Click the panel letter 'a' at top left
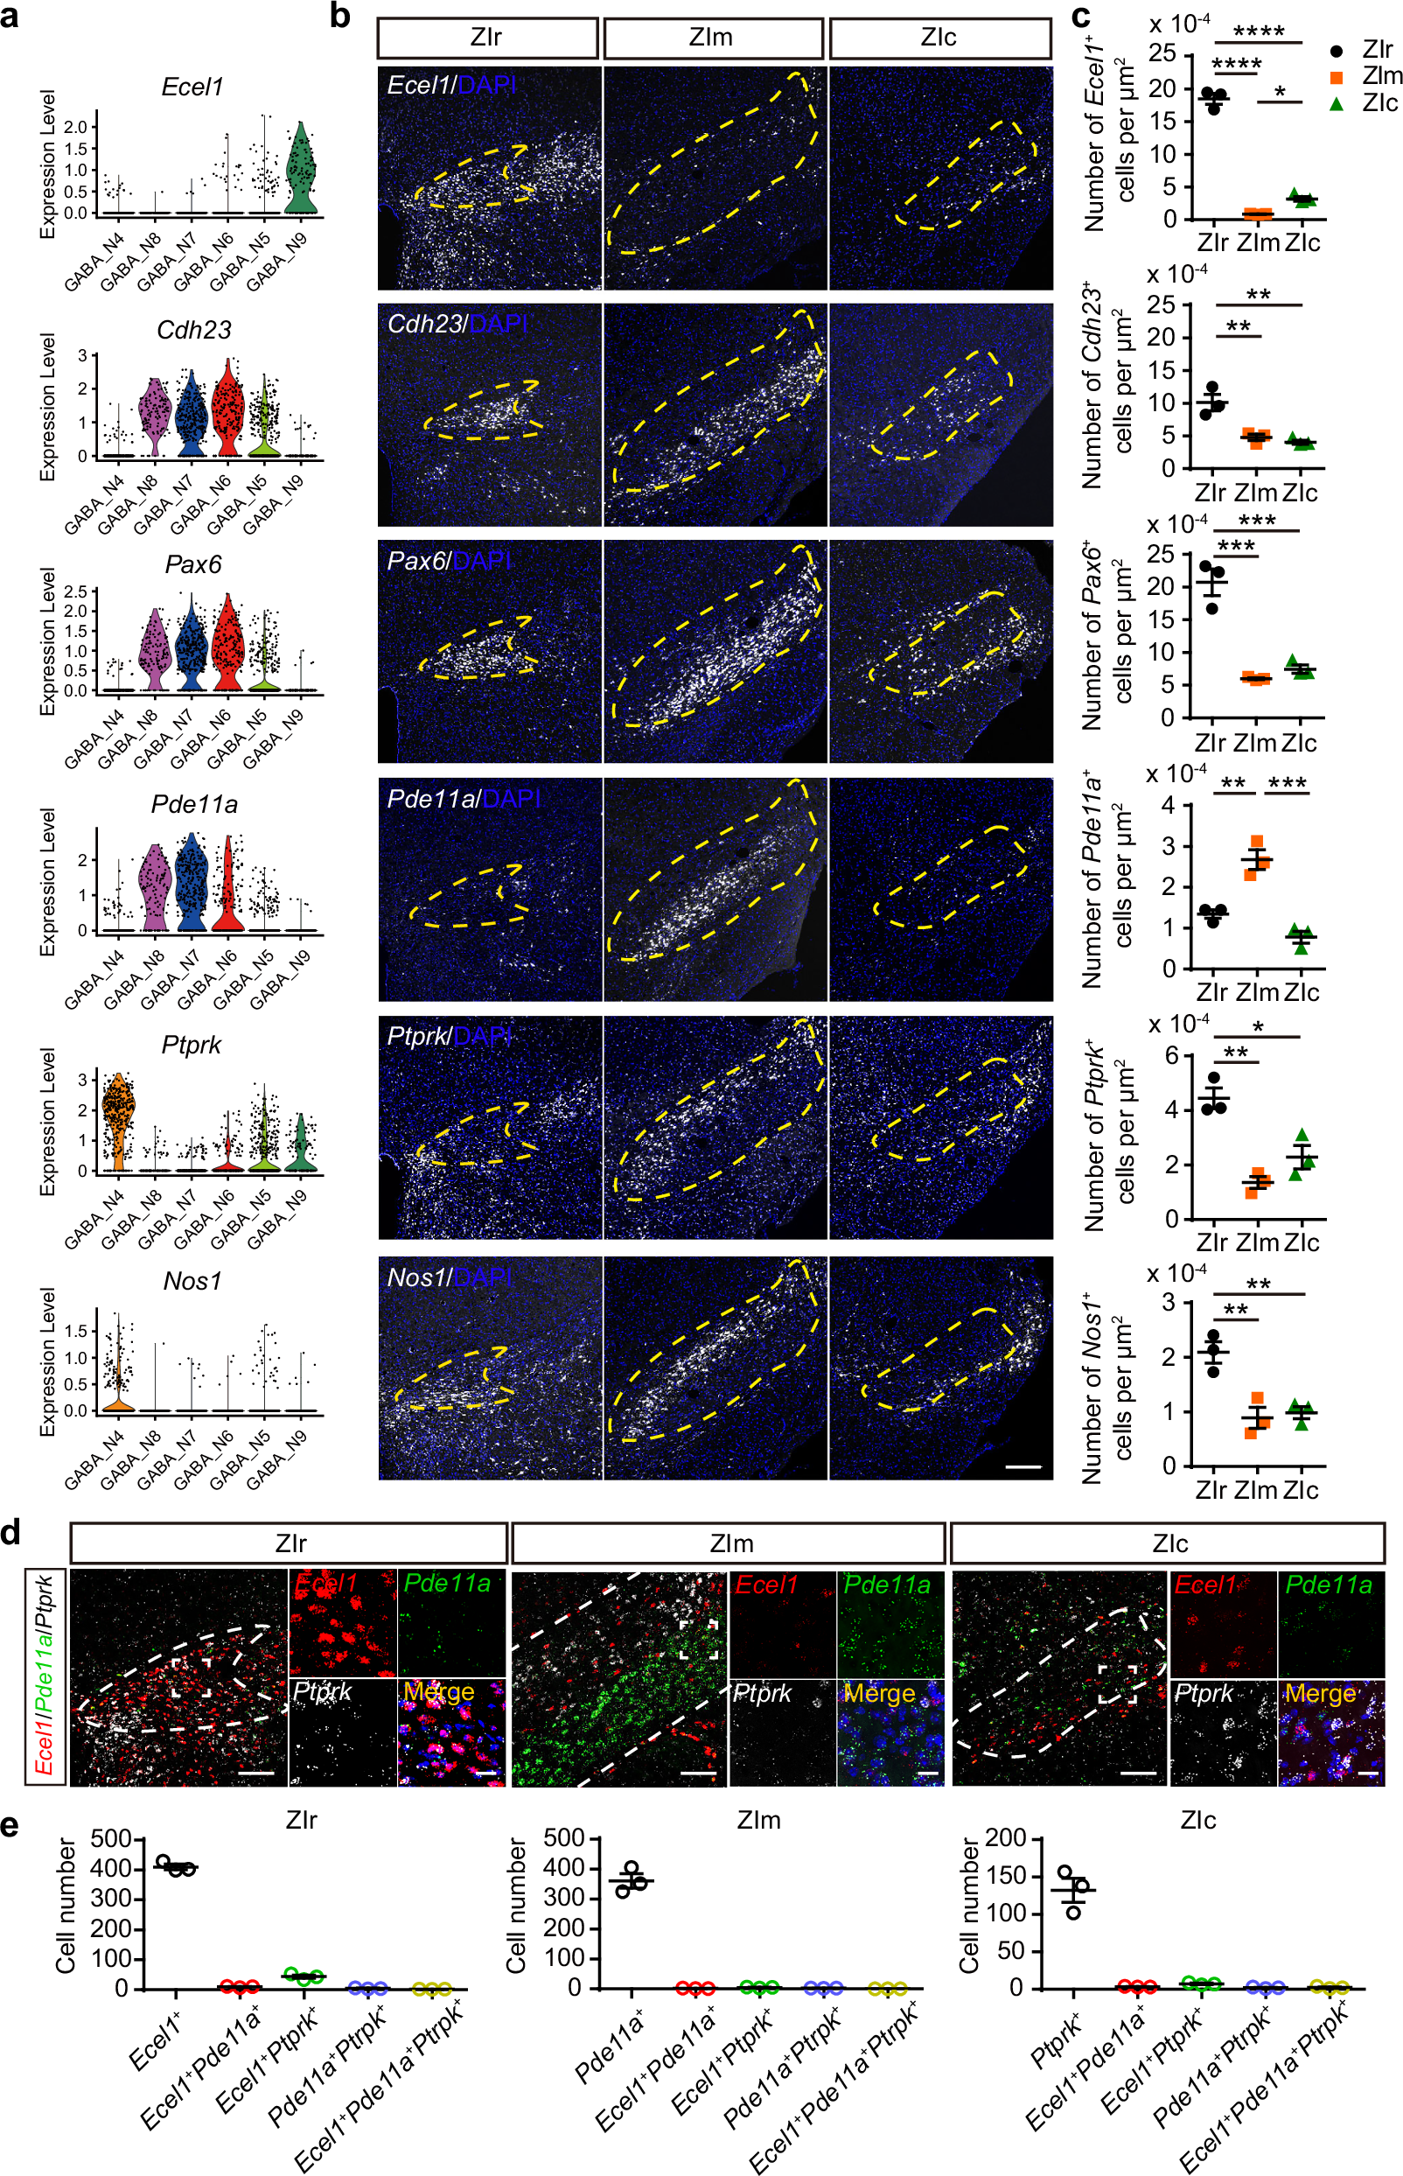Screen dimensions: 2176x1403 pyautogui.click(x=10, y=17)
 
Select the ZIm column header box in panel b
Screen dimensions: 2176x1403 pyautogui.click(x=712, y=38)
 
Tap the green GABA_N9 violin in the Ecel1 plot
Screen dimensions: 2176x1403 pyautogui.click(x=301, y=173)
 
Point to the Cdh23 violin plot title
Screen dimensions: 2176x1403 pyautogui.click(x=193, y=330)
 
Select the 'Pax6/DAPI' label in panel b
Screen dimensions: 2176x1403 pyautogui.click(x=448, y=562)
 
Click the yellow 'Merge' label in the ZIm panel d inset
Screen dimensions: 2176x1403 pyautogui.click(x=879, y=1693)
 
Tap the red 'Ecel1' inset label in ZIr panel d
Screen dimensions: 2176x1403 pyautogui.click(x=326, y=1584)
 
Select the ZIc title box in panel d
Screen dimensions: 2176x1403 pyautogui.click(x=1168, y=1543)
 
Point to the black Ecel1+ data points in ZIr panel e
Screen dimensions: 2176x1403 pyautogui.click(x=175, y=1866)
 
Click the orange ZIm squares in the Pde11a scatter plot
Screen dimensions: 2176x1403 pyautogui.click(x=1256, y=858)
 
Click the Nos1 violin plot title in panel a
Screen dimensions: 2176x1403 pyautogui.click(x=192, y=1281)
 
